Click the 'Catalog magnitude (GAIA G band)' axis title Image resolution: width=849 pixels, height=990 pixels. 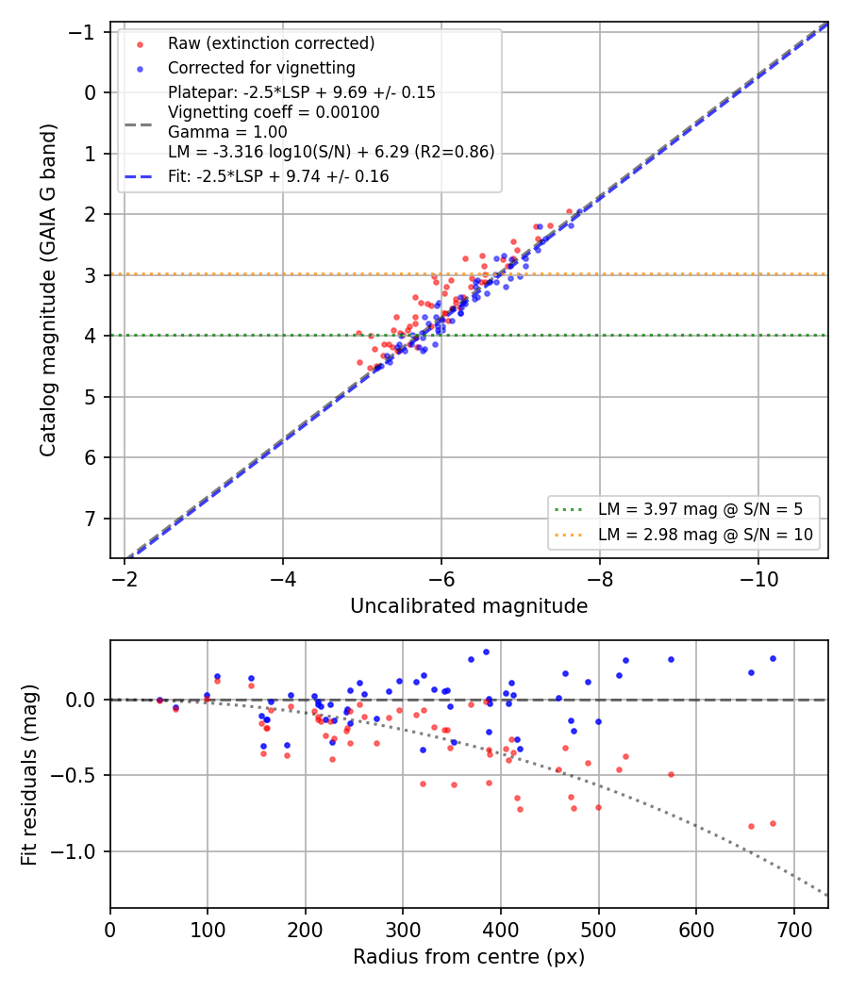tap(48, 289)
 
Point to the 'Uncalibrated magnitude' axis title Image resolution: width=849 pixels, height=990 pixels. tap(469, 606)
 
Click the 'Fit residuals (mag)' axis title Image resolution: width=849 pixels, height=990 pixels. tap(29, 775)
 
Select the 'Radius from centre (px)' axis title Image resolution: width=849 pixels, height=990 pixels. tap(469, 957)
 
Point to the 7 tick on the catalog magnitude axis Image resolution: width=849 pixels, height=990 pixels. tap(91, 519)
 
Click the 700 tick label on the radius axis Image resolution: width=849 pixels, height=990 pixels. tap(793, 930)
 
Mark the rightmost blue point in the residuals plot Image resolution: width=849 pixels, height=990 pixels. tap(773, 658)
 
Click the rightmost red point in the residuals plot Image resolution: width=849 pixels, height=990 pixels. tap(773, 823)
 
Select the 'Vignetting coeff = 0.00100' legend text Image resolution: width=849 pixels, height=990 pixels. tap(274, 112)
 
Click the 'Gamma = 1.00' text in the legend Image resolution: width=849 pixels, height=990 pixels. tap(227, 132)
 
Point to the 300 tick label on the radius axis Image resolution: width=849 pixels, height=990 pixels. tap(403, 930)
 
